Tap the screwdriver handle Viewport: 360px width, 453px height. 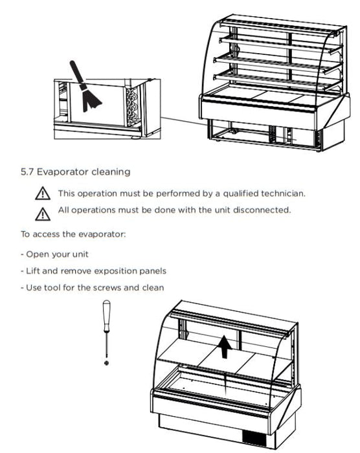[107, 316]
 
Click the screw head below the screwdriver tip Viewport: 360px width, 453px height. [107, 362]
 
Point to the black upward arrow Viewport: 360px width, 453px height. [225, 346]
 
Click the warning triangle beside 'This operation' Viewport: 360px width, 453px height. [43, 193]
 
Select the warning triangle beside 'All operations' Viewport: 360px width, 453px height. [43, 214]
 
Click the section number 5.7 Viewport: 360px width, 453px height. [27, 172]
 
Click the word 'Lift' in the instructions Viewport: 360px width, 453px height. [32, 271]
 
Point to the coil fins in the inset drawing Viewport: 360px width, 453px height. [132, 106]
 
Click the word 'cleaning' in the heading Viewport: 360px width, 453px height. [111, 172]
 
